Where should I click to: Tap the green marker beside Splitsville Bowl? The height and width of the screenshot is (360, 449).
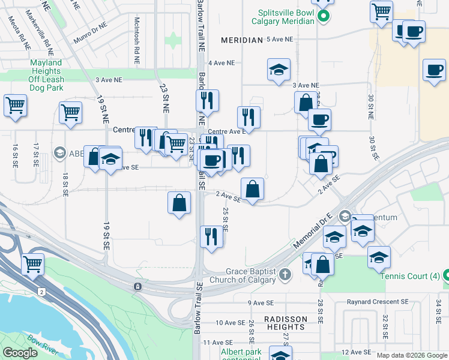point(324,16)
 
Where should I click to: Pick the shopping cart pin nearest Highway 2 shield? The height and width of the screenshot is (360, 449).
point(32,263)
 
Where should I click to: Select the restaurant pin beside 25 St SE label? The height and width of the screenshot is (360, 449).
point(211,235)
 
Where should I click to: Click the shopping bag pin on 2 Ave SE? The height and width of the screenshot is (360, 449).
point(252,188)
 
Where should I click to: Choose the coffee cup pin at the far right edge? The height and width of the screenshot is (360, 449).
point(433,69)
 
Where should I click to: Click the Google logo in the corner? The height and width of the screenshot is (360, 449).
point(20,353)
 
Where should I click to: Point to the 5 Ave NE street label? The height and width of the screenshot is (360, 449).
point(280,39)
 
